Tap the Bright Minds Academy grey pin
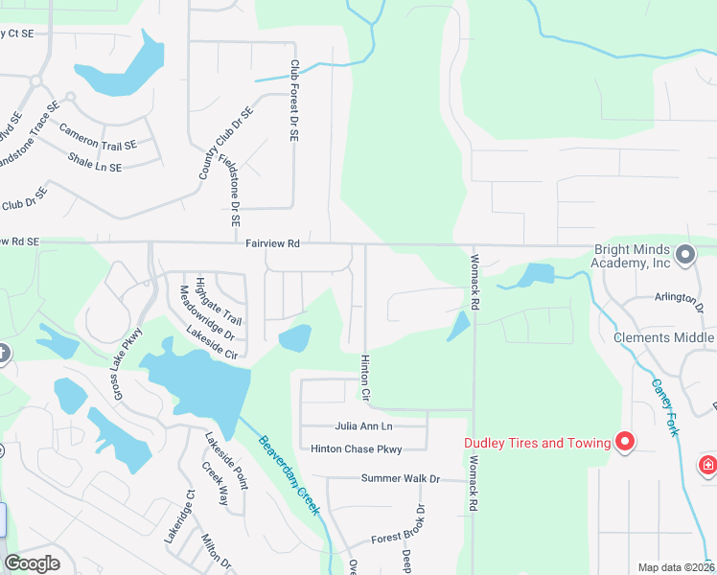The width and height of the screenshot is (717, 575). pyautogui.click(x=685, y=254)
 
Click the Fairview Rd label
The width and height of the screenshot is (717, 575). pyautogui.click(x=272, y=244)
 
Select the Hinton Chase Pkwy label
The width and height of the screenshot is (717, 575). pyautogui.click(x=356, y=448)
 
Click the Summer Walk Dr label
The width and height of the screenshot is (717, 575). pyautogui.click(x=400, y=478)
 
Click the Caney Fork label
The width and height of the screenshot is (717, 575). pyautogui.click(x=664, y=406)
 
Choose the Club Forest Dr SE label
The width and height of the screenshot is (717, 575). pyautogui.click(x=294, y=101)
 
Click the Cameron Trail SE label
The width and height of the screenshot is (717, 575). pyautogui.click(x=98, y=137)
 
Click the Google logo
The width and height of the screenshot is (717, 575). pyautogui.click(x=33, y=563)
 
